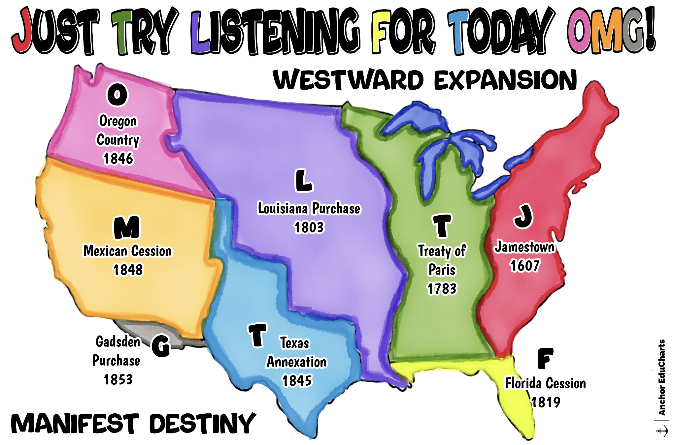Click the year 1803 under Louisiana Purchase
[309, 227]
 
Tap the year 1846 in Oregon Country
[118, 159]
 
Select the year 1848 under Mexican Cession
[128, 270]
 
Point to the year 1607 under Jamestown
[525, 266]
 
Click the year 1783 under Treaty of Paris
[442, 289]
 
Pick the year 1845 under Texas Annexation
[297, 381]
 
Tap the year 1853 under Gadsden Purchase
[118, 379]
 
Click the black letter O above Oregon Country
[117, 95]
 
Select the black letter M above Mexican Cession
[127, 227]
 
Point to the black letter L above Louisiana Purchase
[303, 181]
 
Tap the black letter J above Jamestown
[523, 216]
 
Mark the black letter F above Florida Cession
[545, 358]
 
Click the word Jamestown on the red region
[524, 247]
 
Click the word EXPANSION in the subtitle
[505, 80]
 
